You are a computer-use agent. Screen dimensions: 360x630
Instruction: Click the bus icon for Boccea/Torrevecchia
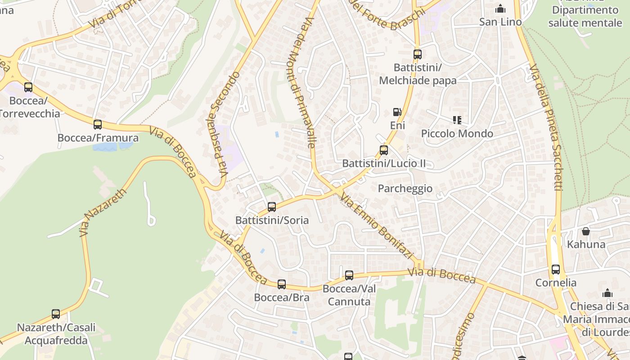click(x=28, y=87)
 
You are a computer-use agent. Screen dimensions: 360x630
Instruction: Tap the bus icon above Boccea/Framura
click(x=98, y=125)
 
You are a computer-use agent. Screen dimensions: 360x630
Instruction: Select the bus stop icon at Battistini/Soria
click(x=272, y=207)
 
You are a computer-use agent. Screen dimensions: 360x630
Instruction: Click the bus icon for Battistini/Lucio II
click(x=384, y=150)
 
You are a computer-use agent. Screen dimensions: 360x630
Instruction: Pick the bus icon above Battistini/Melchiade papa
click(x=418, y=54)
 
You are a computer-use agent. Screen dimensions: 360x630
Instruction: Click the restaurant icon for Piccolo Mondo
click(x=457, y=120)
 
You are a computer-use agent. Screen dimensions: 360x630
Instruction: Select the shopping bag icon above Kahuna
click(x=586, y=231)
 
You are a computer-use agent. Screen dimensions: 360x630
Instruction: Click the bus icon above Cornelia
click(x=556, y=270)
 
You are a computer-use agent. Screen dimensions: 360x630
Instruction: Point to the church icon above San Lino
click(x=500, y=9)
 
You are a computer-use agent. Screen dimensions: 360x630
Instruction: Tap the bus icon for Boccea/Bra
click(x=282, y=284)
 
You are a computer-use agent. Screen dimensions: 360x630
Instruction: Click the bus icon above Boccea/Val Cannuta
click(x=349, y=275)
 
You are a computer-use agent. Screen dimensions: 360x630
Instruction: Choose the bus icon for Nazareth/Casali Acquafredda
click(x=56, y=314)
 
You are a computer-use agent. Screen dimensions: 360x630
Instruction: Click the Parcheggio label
click(x=405, y=189)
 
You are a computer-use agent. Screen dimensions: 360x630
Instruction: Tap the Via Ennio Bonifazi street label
click(x=376, y=226)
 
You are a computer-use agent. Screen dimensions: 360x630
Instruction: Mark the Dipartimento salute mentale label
click(x=585, y=16)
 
